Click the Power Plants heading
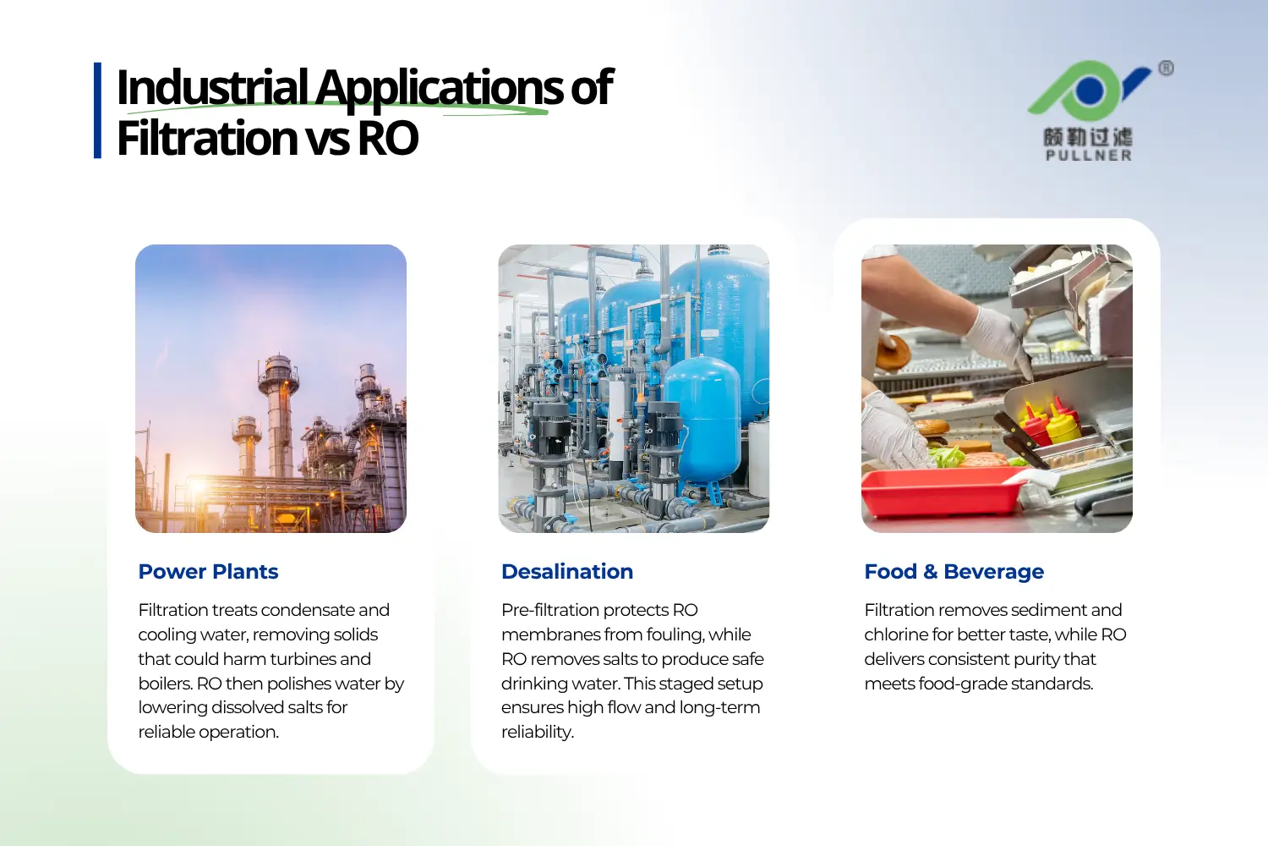pyautogui.click(x=208, y=572)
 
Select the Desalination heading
pyautogui.click(x=566, y=572)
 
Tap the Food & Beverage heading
pyautogui.click(x=954, y=572)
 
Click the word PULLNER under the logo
pyautogui.click(x=1088, y=156)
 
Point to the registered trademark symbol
pyautogui.click(x=1166, y=69)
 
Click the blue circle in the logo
pyautogui.click(x=1090, y=90)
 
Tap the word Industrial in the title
pyautogui.click(x=212, y=87)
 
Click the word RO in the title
pyautogui.click(x=388, y=138)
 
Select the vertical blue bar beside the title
pyautogui.click(x=97, y=110)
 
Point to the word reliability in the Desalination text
pyautogui.click(x=537, y=732)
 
